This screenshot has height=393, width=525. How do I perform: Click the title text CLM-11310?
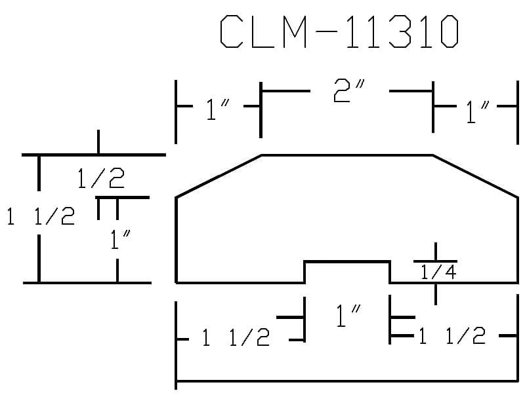[x=339, y=31]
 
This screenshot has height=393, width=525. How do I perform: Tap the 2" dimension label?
[x=349, y=90]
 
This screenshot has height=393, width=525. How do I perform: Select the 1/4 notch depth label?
[x=438, y=272]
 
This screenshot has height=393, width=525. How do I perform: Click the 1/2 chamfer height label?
[x=101, y=178]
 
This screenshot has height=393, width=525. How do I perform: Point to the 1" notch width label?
[x=348, y=315]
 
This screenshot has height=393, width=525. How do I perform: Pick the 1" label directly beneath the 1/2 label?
[x=120, y=240]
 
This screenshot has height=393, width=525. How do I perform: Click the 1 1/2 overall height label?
[x=41, y=215]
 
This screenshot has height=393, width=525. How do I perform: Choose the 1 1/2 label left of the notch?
[x=236, y=337]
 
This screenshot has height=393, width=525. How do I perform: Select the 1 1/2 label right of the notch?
[x=452, y=335]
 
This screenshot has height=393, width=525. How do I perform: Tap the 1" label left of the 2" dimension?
[x=219, y=109]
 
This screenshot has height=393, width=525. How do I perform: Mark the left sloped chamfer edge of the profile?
[x=219, y=176]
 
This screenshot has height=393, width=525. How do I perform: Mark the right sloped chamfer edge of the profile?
[x=475, y=176]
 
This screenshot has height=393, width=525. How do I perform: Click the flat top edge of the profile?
[x=347, y=155]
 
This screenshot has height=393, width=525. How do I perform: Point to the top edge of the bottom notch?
[x=347, y=261]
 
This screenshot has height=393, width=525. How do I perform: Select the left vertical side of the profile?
[x=176, y=240]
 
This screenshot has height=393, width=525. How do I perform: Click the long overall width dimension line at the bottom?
[x=347, y=381]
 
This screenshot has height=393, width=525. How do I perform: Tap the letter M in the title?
[x=295, y=31]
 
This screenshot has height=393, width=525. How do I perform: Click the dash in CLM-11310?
[x=326, y=31]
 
